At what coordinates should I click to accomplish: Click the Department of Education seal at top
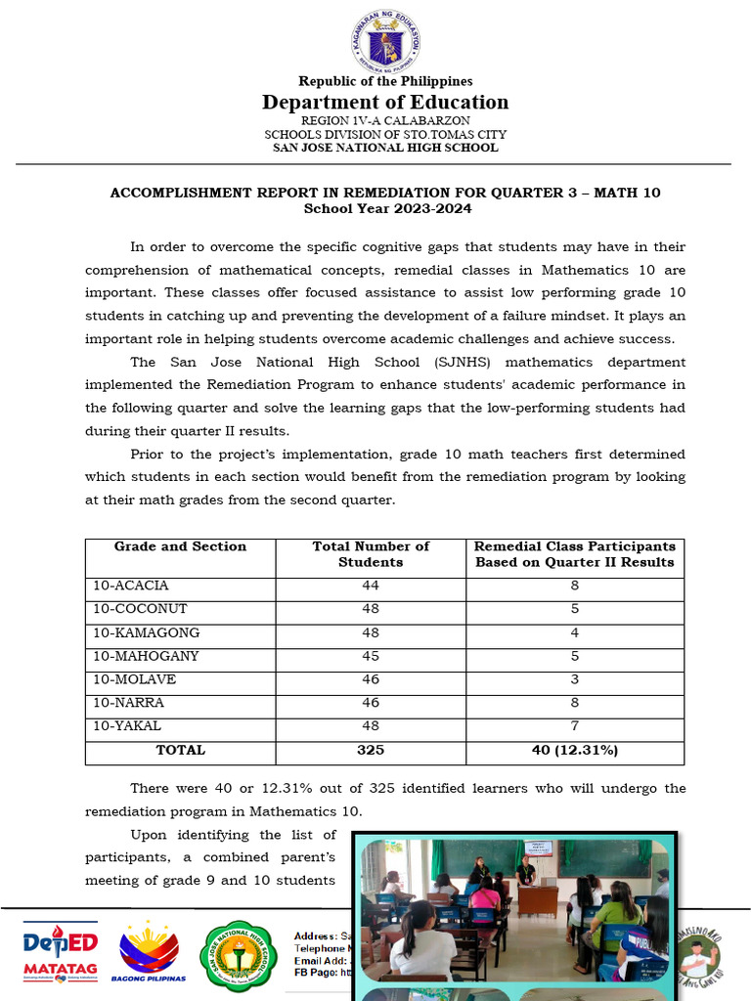385,44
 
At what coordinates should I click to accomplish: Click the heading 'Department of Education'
385,103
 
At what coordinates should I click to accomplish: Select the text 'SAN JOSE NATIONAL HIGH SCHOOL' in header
385,148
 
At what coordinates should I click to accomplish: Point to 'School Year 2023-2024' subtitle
385,208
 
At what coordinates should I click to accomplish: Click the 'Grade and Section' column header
180,547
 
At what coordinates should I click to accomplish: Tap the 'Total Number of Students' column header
371,554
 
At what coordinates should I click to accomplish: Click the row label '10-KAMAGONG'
146,633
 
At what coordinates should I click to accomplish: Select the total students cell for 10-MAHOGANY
371,657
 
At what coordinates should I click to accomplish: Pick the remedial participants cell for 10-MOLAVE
575,680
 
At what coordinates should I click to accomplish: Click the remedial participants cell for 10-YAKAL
575,726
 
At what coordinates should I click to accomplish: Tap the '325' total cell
371,751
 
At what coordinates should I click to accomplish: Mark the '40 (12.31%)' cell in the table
575,751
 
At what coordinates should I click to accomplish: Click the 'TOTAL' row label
180,751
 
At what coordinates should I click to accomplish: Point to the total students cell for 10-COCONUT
371,610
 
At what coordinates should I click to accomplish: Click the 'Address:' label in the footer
315,936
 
